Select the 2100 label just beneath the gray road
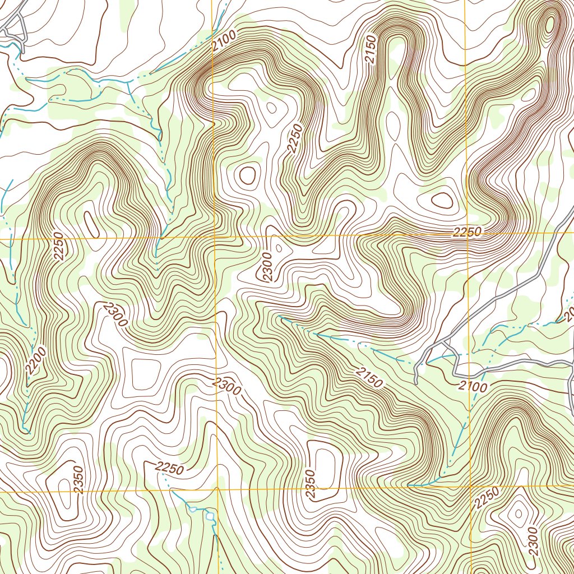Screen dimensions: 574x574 click(x=472, y=386)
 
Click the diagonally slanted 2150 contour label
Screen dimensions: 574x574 click(x=369, y=378)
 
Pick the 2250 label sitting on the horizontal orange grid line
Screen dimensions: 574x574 click(x=467, y=233)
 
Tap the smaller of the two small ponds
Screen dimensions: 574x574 click(x=193, y=509)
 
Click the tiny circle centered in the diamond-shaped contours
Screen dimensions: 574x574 click(x=517, y=512)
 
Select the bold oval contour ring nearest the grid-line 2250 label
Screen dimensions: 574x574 click(x=441, y=200)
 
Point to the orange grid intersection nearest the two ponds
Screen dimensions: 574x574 click(x=216, y=489)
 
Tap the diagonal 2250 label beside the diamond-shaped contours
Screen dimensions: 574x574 click(x=486, y=498)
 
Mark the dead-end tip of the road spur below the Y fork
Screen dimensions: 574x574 click(x=416, y=382)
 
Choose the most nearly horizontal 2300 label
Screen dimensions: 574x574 click(x=227, y=386)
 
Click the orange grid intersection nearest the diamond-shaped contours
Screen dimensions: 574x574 click(x=469, y=485)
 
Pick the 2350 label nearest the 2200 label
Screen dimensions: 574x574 click(x=78, y=480)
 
